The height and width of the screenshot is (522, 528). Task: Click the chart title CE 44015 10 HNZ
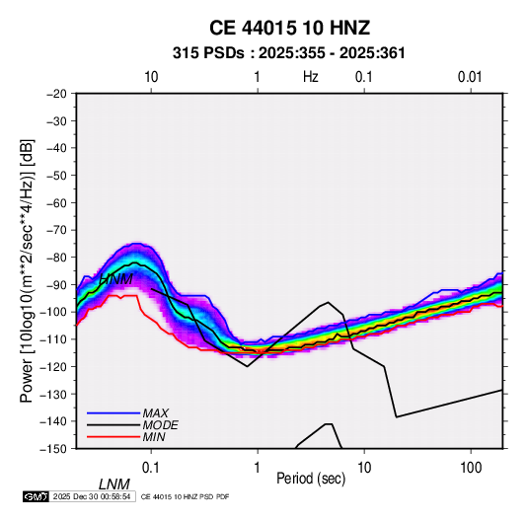pos(289,28)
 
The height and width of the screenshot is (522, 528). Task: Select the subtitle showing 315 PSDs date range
pos(288,53)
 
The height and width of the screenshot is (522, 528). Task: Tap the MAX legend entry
pos(156,412)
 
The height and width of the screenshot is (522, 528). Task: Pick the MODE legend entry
pos(160,425)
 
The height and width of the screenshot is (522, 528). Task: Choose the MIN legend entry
pos(154,437)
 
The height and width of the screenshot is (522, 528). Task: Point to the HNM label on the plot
pos(116,279)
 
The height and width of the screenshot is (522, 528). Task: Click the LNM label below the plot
pos(114,485)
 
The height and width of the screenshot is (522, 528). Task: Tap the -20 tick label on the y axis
pos(56,94)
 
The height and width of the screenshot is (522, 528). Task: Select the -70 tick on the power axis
pos(56,230)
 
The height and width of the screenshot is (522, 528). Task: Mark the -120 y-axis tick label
pos(54,367)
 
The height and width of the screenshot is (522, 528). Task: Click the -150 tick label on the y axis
pos(54,449)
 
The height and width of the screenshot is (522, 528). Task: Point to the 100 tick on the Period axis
pos(471,468)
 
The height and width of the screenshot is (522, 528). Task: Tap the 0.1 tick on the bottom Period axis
pos(150,468)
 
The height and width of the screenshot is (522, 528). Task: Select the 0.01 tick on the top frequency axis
pos(470,77)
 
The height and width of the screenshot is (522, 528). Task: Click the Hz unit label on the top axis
pos(311,77)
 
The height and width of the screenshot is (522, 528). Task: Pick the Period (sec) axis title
pos(311,479)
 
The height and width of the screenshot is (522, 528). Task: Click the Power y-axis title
pos(27,270)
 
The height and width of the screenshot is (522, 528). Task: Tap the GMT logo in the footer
pos(36,496)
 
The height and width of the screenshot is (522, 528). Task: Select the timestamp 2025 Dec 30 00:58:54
pos(92,496)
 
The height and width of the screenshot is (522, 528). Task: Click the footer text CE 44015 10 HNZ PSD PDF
pos(185,496)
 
